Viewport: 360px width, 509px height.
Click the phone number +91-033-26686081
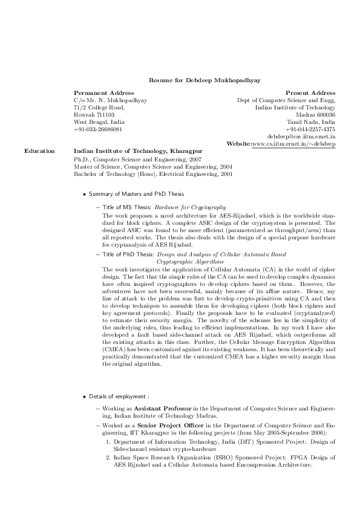tap(97, 129)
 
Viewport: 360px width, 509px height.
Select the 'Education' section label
tap(37, 151)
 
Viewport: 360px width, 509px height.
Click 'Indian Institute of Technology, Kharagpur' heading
tap(138, 151)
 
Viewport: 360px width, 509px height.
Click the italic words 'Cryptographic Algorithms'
tap(189, 261)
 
